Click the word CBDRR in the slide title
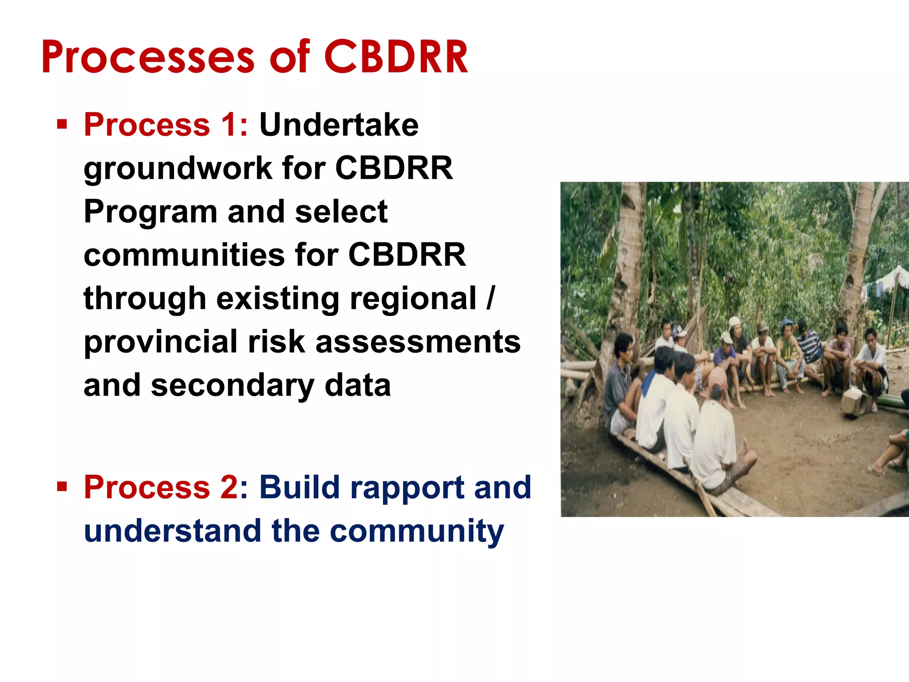coord(396,57)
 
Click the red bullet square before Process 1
coord(62,124)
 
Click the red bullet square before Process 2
coord(62,486)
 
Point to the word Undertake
coord(339,125)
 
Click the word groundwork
coord(178,169)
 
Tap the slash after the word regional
coord(490,298)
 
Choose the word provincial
coord(161,341)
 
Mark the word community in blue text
coord(417,531)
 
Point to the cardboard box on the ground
coord(854,400)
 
